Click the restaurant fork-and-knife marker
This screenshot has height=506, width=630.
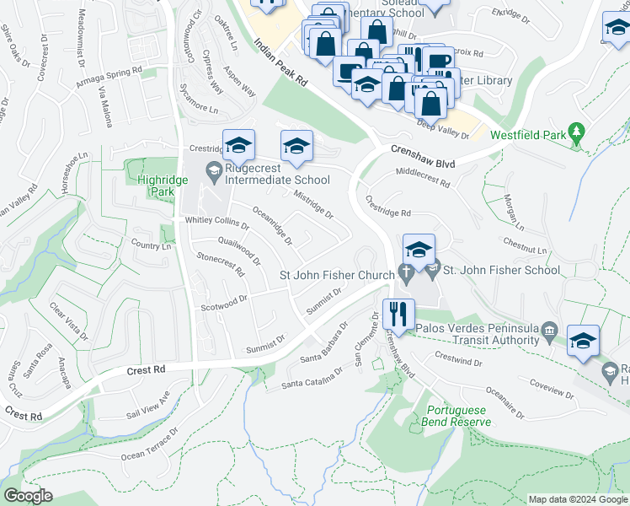398,314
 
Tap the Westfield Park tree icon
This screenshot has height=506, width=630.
576,132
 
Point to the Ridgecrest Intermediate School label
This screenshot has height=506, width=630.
278,179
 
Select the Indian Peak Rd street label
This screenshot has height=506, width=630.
280,66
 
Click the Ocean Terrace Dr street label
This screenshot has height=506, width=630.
150,444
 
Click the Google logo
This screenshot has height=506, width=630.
29,496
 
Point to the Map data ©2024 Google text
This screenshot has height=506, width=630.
577,499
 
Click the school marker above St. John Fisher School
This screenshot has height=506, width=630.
419,248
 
